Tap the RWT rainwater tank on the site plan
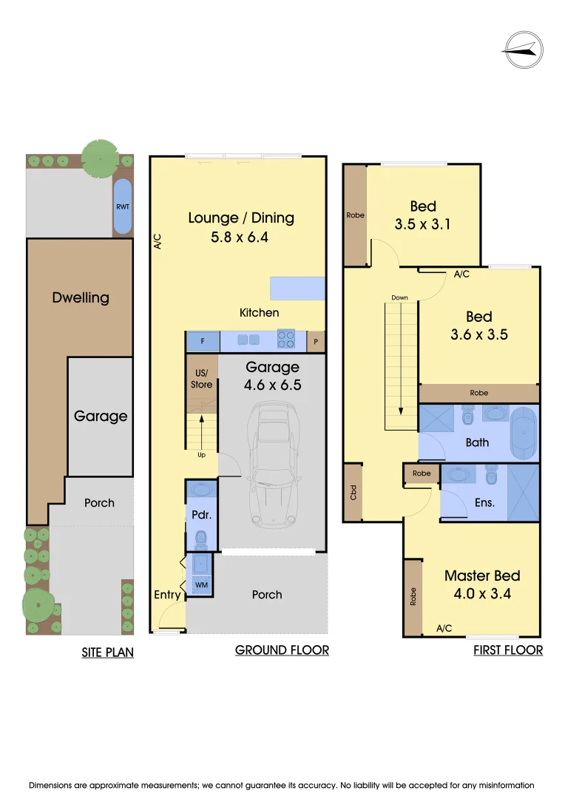(x=123, y=206)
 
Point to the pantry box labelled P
(x=316, y=341)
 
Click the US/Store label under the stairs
(x=201, y=379)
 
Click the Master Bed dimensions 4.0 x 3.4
(x=481, y=593)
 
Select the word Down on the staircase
(x=400, y=298)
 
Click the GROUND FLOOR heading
(x=282, y=650)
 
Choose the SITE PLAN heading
(x=107, y=653)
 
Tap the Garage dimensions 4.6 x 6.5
(x=272, y=385)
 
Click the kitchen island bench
(x=297, y=288)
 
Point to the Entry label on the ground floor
(x=167, y=595)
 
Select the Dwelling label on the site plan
(x=81, y=297)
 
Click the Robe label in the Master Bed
(x=413, y=597)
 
